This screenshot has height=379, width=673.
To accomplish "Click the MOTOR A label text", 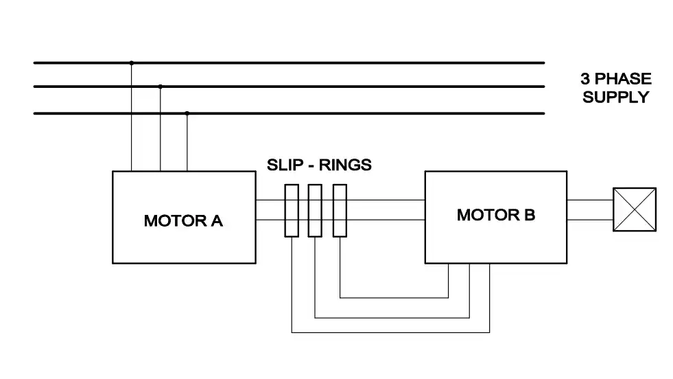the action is pyautogui.click(x=183, y=221).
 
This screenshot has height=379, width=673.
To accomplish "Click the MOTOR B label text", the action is pyautogui.click(x=496, y=215).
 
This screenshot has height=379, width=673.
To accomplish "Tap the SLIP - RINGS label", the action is pyautogui.click(x=319, y=165).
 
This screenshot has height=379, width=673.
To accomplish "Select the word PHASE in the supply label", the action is pyautogui.click(x=623, y=79).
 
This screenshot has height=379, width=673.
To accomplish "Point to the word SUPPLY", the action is pyautogui.click(x=615, y=97).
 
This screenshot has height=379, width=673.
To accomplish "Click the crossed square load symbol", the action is pyautogui.click(x=635, y=209).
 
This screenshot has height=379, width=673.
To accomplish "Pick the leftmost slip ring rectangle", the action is pyautogui.click(x=292, y=211).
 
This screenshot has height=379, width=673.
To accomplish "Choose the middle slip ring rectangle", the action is pyautogui.click(x=315, y=211).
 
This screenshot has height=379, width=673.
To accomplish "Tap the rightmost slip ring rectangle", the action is pyautogui.click(x=340, y=211).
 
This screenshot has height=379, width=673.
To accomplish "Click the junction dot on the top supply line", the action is pyautogui.click(x=131, y=63).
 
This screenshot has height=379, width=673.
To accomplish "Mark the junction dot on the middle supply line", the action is pyautogui.click(x=160, y=87).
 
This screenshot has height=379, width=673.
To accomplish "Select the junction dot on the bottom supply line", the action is pyautogui.click(x=187, y=113).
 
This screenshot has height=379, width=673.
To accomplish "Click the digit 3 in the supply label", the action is pyautogui.click(x=585, y=79).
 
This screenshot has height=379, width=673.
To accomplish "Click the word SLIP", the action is pyautogui.click(x=285, y=165).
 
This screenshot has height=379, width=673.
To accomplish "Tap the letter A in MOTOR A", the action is pyautogui.click(x=217, y=221).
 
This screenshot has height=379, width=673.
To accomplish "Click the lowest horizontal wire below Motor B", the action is pyautogui.click(x=390, y=332).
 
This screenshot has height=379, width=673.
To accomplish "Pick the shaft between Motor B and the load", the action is pyautogui.click(x=590, y=210).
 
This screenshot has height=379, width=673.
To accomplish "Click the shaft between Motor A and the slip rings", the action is pyautogui.click(x=270, y=210).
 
